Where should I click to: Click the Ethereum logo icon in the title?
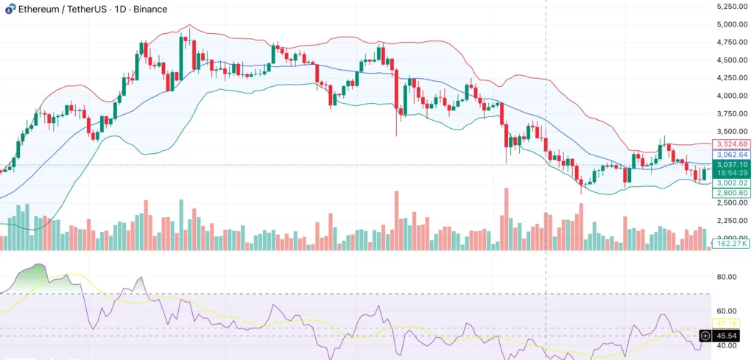pyautogui.click(x=9, y=9)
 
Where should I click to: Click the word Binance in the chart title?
pyautogui.click(x=150, y=10)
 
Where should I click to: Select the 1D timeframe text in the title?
pyautogui.click(x=119, y=10)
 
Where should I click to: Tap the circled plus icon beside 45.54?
pyautogui.click(x=705, y=335)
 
